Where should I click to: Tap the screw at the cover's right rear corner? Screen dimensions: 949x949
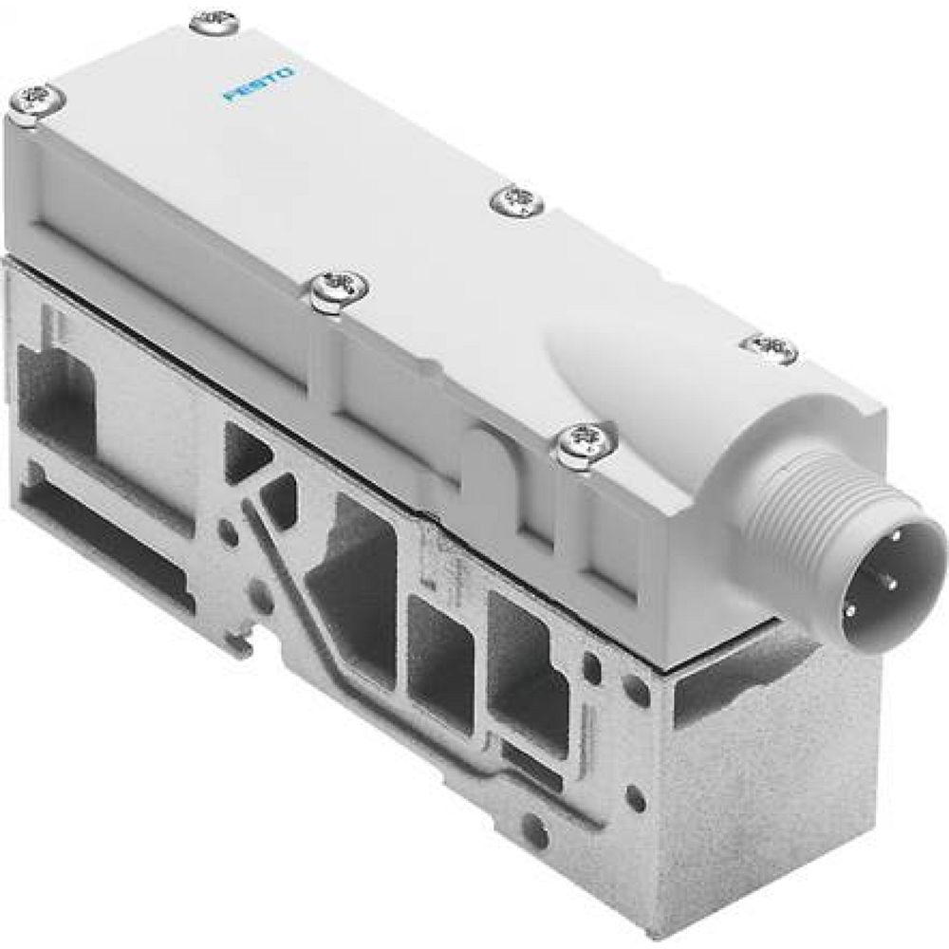coord(771,345)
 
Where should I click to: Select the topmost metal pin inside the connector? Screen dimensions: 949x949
coord(888,555)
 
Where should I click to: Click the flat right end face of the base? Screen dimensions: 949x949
coord(759,759)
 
